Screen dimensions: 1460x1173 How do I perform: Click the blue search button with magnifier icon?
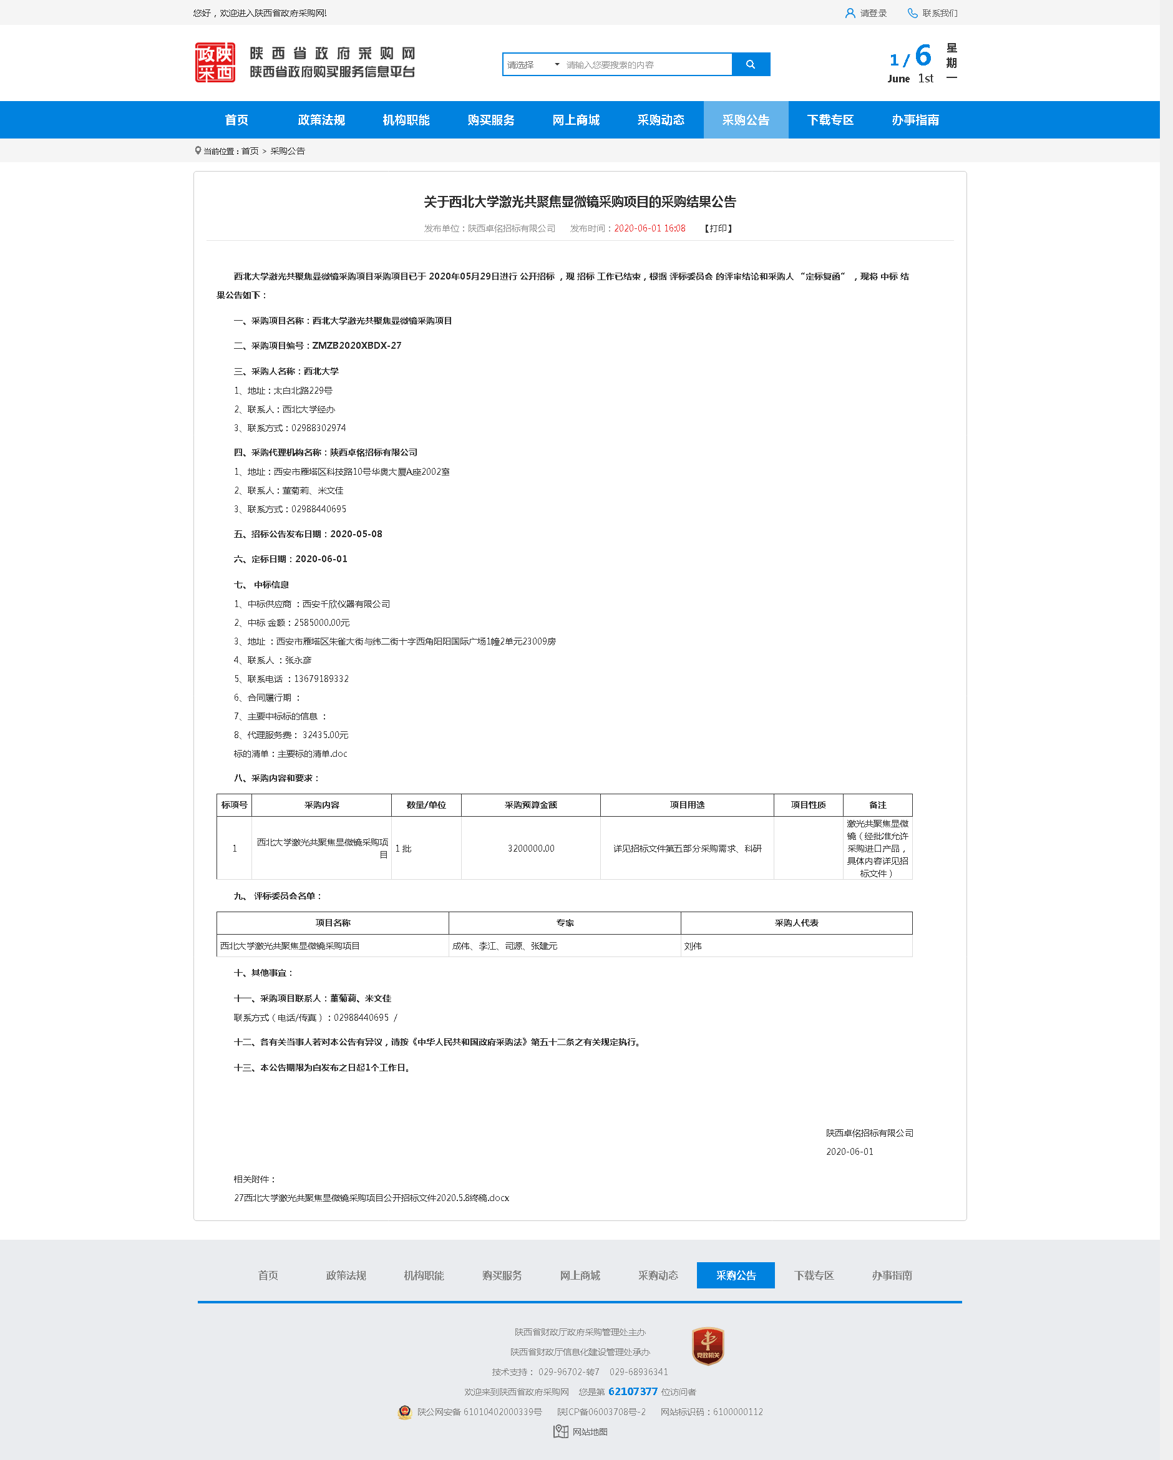point(751,64)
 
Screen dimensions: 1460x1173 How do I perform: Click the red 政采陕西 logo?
point(215,62)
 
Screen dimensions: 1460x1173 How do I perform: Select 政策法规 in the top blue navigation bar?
point(321,120)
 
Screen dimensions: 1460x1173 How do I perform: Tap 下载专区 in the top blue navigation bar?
point(830,120)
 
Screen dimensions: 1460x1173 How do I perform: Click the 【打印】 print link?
point(719,228)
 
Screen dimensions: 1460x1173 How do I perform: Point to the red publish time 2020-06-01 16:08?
point(650,228)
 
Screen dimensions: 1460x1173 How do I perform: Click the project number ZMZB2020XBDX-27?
point(356,346)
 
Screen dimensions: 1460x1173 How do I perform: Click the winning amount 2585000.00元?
point(322,622)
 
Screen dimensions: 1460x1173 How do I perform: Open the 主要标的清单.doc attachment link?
point(312,754)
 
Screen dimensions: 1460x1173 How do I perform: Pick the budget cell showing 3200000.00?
point(531,849)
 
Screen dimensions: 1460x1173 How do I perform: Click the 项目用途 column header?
point(687,804)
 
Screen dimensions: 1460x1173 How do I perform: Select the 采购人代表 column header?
point(796,923)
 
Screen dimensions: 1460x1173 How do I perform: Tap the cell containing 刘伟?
point(693,946)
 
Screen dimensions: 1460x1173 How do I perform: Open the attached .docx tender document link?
point(371,1198)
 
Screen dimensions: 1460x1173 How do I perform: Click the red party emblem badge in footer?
point(708,1346)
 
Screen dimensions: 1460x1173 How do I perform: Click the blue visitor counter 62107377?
point(633,1391)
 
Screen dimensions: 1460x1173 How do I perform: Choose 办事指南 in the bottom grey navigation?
point(891,1275)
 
